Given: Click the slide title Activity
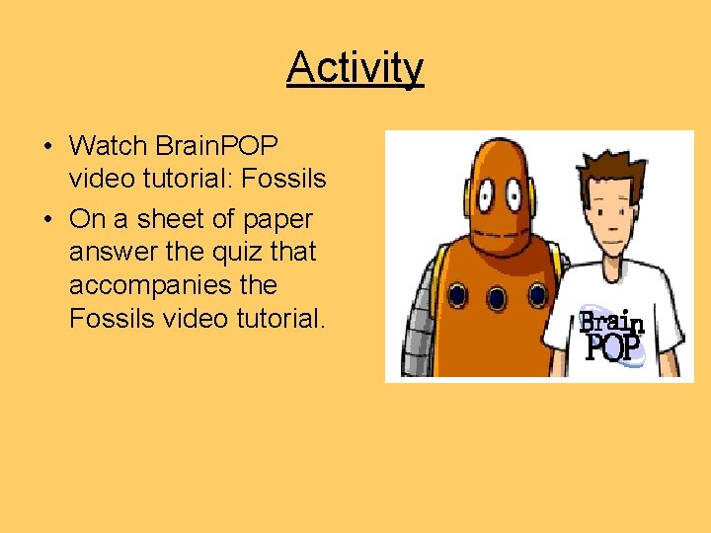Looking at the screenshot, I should pos(355,68).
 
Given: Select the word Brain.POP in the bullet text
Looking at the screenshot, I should pos(217,147).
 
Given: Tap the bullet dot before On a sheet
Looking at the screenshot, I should pos(47,219).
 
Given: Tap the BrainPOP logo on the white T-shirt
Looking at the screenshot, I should pos(609,335).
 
